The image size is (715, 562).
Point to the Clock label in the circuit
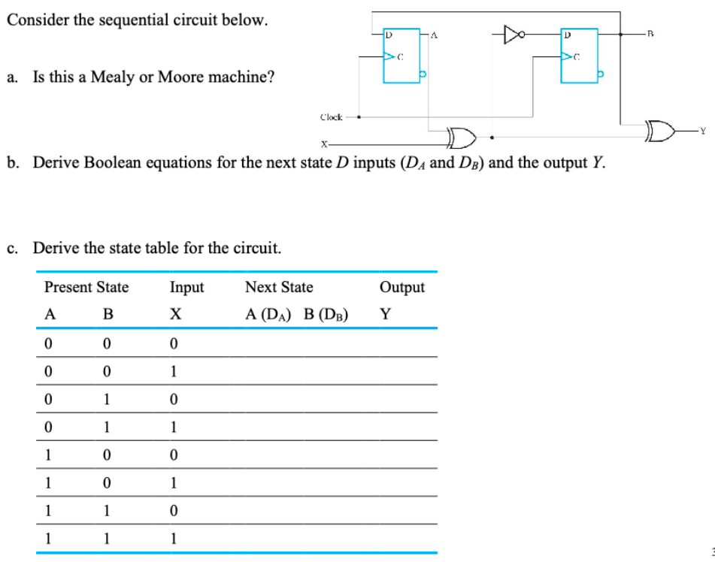331,116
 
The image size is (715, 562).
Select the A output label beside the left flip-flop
435,34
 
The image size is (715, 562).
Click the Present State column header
86,287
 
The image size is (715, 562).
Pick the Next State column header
279,287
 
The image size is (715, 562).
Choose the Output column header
402,287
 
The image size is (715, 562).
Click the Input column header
186,287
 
